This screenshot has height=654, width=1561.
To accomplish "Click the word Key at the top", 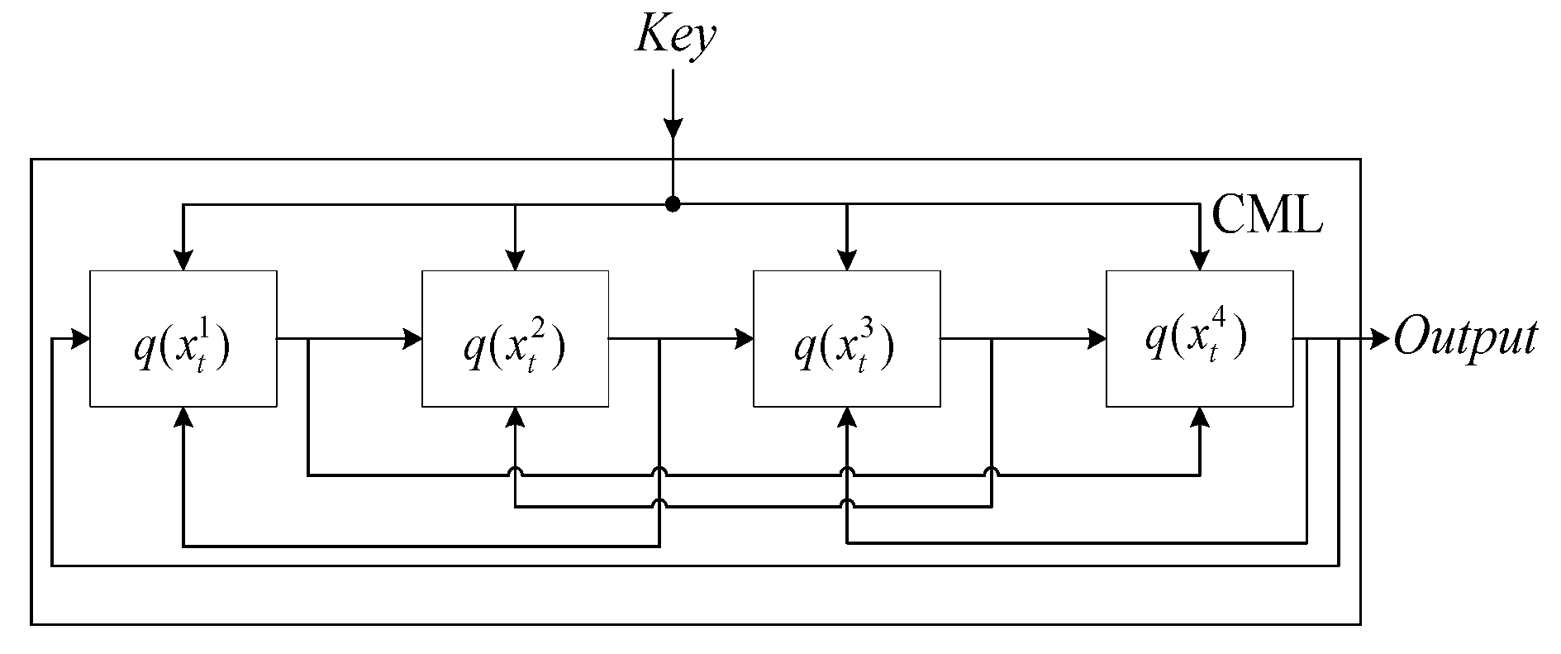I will pyautogui.click(x=674, y=37).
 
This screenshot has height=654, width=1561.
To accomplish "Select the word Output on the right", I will pyautogui.click(x=1465, y=339).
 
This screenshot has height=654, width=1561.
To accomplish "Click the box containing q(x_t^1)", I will pyautogui.click(x=183, y=338).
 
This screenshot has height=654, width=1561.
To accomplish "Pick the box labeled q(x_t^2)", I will pyautogui.click(x=515, y=338).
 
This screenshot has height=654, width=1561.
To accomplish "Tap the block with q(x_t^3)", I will pyautogui.click(x=846, y=338).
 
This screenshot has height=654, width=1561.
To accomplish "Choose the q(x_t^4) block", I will pyautogui.click(x=1199, y=338).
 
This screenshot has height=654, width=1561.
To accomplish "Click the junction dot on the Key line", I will pyautogui.click(x=673, y=204).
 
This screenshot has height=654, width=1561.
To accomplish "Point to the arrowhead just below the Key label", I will pyautogui.click(x=673, y=128).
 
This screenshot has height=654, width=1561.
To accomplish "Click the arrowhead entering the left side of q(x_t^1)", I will pyautogui.click(x=80, y=338).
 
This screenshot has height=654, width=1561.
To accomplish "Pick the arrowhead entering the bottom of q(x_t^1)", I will pyautogui.click(x=183, y=418).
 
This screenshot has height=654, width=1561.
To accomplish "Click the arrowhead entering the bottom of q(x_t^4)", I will pyautogui.click(x=1199, y=418).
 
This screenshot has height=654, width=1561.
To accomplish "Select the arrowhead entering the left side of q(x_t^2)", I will pyautogui.click(x=412, y=338).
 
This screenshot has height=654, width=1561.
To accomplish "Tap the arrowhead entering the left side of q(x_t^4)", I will pyautogui.click(x=1097, y=338).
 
